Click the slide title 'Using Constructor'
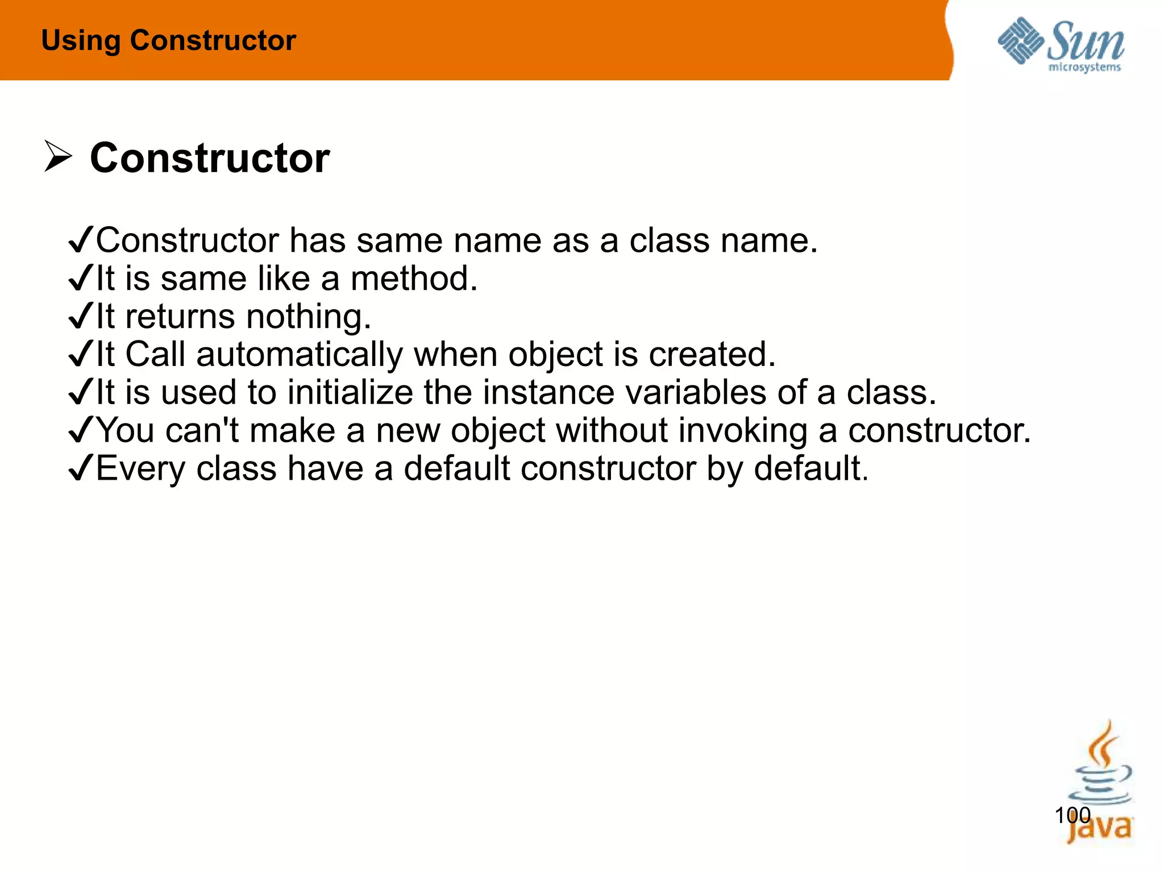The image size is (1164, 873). [169, 40]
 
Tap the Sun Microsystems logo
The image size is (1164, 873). [1061, 44]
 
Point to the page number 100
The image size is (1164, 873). [1072, 816]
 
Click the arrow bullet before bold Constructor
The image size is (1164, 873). [58, 157]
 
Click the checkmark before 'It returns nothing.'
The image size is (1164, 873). [80, 317]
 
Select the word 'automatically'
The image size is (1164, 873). [300, 355]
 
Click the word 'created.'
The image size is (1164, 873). [712, 355]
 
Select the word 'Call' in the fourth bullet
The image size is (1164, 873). [155, 355]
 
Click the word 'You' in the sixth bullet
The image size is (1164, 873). [126, 430]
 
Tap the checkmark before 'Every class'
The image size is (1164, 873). [80, 468]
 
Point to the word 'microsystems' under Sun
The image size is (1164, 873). [1084, 68]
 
